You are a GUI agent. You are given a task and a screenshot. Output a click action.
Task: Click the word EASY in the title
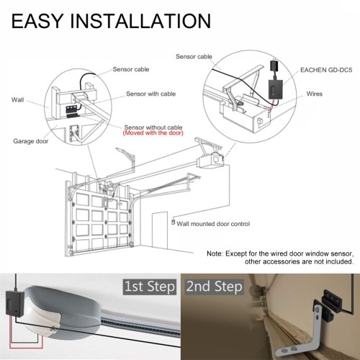[37, 21]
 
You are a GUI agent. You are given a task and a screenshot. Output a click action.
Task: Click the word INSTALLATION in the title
[140, 21]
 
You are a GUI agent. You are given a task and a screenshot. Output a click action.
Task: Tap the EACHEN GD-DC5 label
[326, 70]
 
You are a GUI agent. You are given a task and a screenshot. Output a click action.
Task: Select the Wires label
[314, 94]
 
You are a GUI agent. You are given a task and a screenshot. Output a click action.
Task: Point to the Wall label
[17, 100]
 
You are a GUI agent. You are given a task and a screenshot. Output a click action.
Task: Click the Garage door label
[31, 141]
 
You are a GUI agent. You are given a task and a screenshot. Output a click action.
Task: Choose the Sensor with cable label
[151, 94]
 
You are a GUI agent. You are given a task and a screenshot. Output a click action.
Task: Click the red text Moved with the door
[153, 133]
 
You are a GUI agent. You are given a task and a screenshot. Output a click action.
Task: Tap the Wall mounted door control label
[213, 224]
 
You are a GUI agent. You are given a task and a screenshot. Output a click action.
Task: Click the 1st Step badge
[150, 287]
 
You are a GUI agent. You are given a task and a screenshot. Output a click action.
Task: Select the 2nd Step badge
[215, 287]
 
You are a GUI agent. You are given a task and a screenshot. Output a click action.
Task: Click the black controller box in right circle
[275, 89]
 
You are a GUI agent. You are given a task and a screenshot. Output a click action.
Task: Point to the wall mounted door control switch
[173, 222]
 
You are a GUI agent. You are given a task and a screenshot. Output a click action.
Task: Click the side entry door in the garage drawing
[160, 231]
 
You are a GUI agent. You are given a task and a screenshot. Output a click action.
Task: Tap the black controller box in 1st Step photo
[15, 304]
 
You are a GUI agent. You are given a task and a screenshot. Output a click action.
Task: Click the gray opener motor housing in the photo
[63, 312]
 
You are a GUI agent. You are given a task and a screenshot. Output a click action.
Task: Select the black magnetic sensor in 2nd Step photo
[330, 305]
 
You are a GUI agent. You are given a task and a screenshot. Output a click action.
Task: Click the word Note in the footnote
[215, 253]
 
